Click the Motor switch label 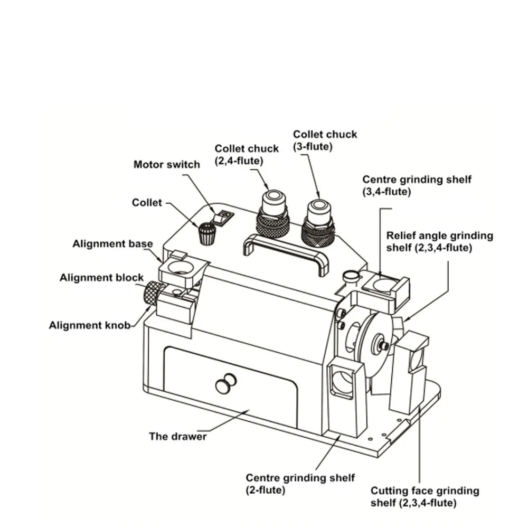[166, 164]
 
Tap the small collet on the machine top [208, 232]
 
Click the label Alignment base [112, 244]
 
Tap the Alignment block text [101, 278]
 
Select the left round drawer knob [222, 386]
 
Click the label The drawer [178, 436]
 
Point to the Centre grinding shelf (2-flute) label [300, 484]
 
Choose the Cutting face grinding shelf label [425, 497]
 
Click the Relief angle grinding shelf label [439, 241]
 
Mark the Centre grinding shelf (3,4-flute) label [417, 185]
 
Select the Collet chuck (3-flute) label [325, 140]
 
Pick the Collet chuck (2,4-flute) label [246, 155]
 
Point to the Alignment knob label [89, 325]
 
